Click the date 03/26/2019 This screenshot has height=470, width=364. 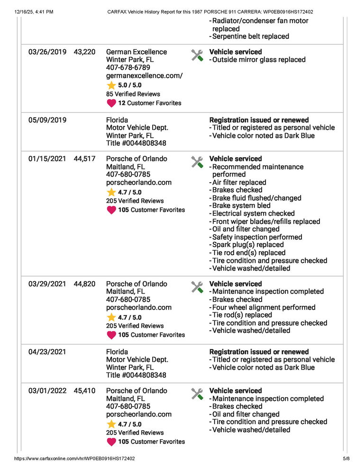47,52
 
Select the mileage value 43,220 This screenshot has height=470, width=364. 84,52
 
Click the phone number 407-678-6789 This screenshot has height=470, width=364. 128,68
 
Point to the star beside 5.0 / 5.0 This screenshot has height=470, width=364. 111,85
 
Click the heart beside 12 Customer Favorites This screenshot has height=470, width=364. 111,103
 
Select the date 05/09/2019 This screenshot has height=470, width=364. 47,120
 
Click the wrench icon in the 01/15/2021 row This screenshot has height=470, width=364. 197,162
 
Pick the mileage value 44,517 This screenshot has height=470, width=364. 84,159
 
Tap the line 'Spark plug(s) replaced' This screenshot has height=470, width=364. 248,245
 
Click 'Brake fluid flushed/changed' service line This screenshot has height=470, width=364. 256,198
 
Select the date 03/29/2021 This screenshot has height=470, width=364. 47,284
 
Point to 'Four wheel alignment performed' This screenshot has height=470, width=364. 264,307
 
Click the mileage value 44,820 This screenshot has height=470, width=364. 84,284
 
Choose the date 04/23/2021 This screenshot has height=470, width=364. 47,352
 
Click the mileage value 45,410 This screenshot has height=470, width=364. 84,391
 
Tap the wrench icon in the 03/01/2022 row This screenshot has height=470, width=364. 197,394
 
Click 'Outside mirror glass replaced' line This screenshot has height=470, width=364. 259,60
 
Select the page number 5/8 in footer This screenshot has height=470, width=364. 346,459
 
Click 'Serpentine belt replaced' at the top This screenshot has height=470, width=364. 250,36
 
